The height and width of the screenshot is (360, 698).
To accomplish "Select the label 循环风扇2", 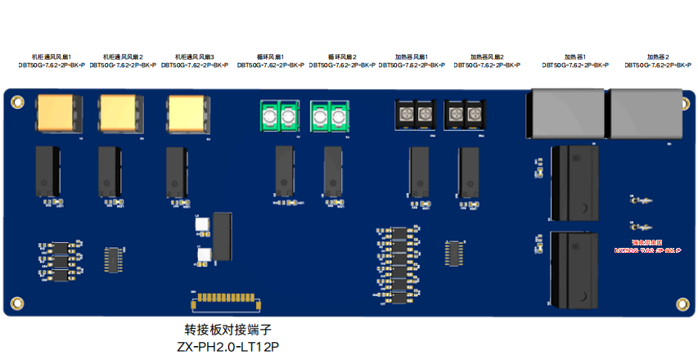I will (x=340, y=56).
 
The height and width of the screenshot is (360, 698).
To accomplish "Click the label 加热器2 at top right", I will (x=658, y=56).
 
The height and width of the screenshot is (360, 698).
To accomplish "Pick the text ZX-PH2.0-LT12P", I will (x=227, y=347).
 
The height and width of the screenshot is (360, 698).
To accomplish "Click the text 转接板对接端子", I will (x=227, y=331).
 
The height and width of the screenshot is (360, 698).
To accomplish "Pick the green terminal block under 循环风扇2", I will (x=331, y=116).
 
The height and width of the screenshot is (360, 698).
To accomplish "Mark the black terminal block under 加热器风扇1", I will (x=416, y=114).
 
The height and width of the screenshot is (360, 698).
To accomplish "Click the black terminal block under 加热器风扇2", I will (x=465, y=114).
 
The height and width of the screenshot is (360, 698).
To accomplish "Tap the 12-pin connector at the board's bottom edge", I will (x=227, y=299).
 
